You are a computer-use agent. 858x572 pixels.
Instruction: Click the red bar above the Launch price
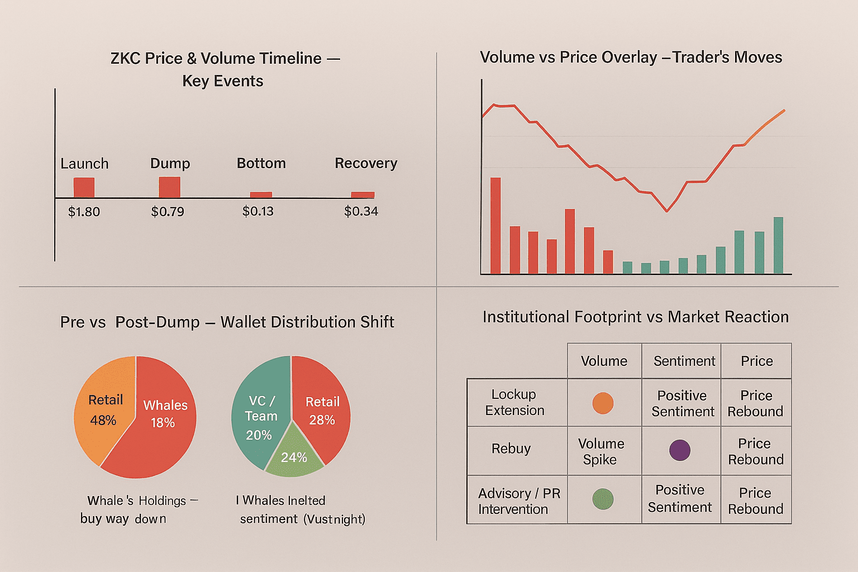(x=84, y=188)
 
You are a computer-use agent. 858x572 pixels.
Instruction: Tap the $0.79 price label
(x=168, y=212)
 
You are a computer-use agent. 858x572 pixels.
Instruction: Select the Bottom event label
(x=261, y=163)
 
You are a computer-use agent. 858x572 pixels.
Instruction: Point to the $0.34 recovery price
(x=361, y=211)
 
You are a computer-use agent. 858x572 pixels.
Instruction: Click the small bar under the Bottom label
(x=261, y=195)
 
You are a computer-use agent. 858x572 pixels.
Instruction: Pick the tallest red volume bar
(x=495, y=226)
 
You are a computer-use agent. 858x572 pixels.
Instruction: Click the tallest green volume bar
(x=778, y=245)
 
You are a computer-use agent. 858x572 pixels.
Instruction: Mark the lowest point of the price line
(x=666, y=211)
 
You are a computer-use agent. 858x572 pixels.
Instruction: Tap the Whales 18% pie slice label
(x=165, y=413)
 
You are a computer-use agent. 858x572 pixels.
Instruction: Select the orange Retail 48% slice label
(x=104, y=409)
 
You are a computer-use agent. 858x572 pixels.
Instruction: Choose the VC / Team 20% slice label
(x=260, y=417)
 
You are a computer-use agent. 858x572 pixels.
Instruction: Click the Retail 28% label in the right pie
(x=322, y=411)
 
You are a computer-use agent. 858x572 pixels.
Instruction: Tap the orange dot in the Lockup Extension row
(x=603, y=403)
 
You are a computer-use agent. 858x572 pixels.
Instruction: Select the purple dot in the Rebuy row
(x=679, y=450)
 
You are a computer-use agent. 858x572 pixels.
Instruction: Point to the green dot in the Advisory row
(x=603, y=499)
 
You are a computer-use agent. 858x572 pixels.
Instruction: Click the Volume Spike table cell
(x=600, y=451)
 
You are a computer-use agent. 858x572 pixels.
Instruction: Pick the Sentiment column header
(x=684, y=361)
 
